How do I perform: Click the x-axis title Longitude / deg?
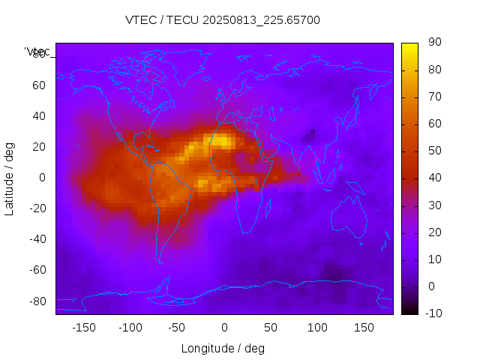[223, 349]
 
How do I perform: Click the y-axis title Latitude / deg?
[10, 178]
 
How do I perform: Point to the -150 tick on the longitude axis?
[83, 328]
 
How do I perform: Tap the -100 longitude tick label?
[130, 328]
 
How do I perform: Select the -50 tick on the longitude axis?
[177, 328]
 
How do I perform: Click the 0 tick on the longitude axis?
[223, 328]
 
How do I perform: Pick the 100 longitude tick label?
[317, 328]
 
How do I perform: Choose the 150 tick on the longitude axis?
[364, 328]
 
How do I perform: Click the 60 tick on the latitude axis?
[38, 85]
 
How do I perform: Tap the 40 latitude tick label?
[38, 116]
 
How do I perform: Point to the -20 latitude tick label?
[36, 208]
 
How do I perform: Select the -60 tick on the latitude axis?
[36, 270]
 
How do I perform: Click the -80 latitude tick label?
[36, 301]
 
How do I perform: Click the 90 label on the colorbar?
[433, 43]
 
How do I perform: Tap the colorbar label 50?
[433, 151]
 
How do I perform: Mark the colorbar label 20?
[433, 232]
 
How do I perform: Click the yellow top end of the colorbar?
[409, 46]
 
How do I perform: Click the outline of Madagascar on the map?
[268, 208]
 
